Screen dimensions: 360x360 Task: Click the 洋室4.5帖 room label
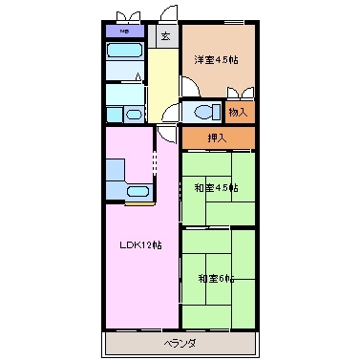coord(217,60)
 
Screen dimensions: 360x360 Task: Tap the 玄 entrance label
coord(165,37)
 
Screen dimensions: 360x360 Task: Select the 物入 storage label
coord(239,112)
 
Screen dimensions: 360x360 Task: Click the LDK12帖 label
coord(140,244)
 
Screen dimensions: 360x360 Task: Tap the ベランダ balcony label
coord(180,342)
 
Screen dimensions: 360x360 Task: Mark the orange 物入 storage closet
coord(240,112)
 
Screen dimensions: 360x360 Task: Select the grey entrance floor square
coord(165,38)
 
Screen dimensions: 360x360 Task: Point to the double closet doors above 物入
coord(241,93)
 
